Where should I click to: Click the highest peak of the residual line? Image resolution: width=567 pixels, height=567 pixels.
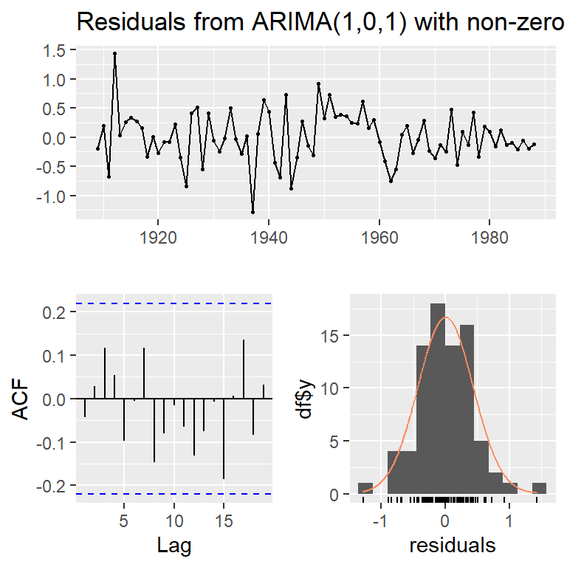114,53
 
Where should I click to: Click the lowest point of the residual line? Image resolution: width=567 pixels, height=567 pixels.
252,212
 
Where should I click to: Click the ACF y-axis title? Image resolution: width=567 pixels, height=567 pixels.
24,399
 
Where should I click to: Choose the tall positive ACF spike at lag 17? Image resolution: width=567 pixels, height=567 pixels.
244,369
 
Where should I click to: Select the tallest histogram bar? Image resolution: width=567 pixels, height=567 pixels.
438,399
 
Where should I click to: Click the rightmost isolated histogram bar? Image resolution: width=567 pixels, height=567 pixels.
539,488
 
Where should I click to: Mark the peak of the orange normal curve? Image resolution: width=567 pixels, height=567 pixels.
445,317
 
